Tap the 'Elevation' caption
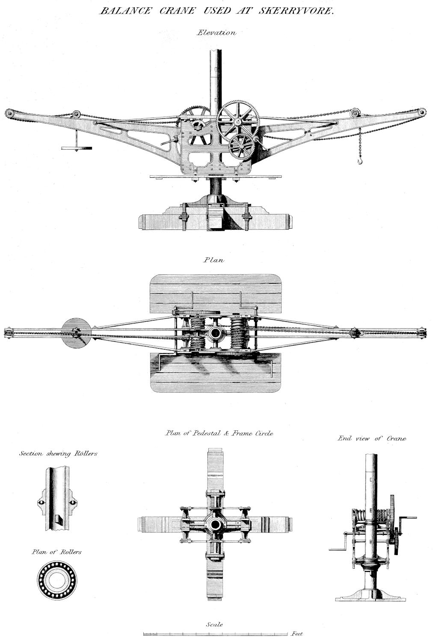(x=216, y=33)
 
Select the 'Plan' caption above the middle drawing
(x=214, y=260)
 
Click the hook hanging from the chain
(x=360, y=162)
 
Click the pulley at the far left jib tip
(x=9, y=113)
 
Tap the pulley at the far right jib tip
(x=422, y=112)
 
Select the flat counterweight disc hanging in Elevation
(x=77, y=148)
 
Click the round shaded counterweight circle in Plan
(x=76, y=333)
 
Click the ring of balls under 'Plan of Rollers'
(x=56, y=580)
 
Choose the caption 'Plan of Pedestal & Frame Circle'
(x=219, y=433)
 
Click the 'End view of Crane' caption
(x=372, y=438)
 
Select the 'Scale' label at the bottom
(x=214, y=625)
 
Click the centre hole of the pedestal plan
(x=215, y=524)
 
